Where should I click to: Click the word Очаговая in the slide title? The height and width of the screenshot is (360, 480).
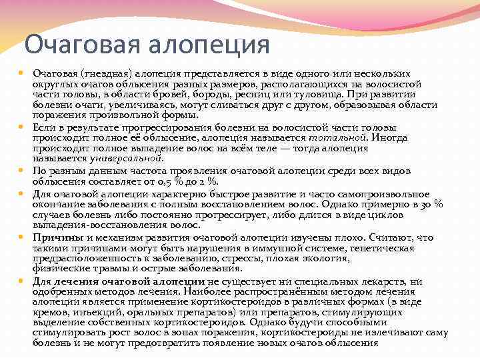coord(73,45)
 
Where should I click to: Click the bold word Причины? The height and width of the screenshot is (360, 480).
coord(58,237)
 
